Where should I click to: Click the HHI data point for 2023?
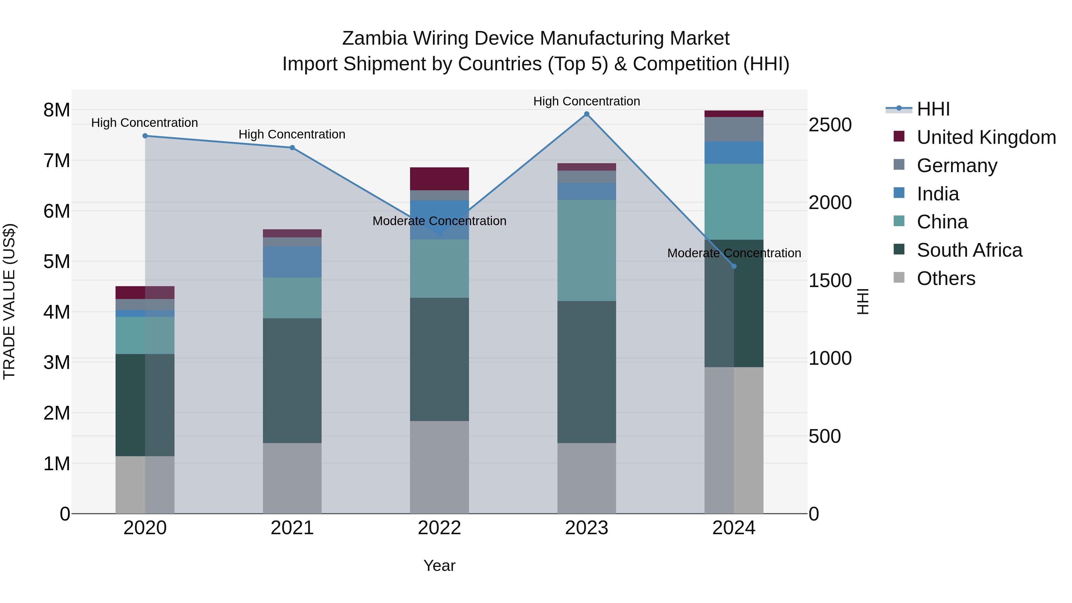coord(586,114)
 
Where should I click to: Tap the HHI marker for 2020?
coord(145,136)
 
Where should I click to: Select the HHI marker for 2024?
coord(734,266)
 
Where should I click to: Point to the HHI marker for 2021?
coord(292,148)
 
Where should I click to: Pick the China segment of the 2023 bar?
coord(586,250)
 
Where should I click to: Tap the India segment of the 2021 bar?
coord(292,262)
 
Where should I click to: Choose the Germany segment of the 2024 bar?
coord(734,130)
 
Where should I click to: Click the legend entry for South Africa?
coord(969,250)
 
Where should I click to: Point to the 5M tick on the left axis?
coord(57,262)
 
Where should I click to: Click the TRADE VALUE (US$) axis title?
coord(10,301)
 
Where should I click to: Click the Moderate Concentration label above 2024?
coord(734,253)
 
